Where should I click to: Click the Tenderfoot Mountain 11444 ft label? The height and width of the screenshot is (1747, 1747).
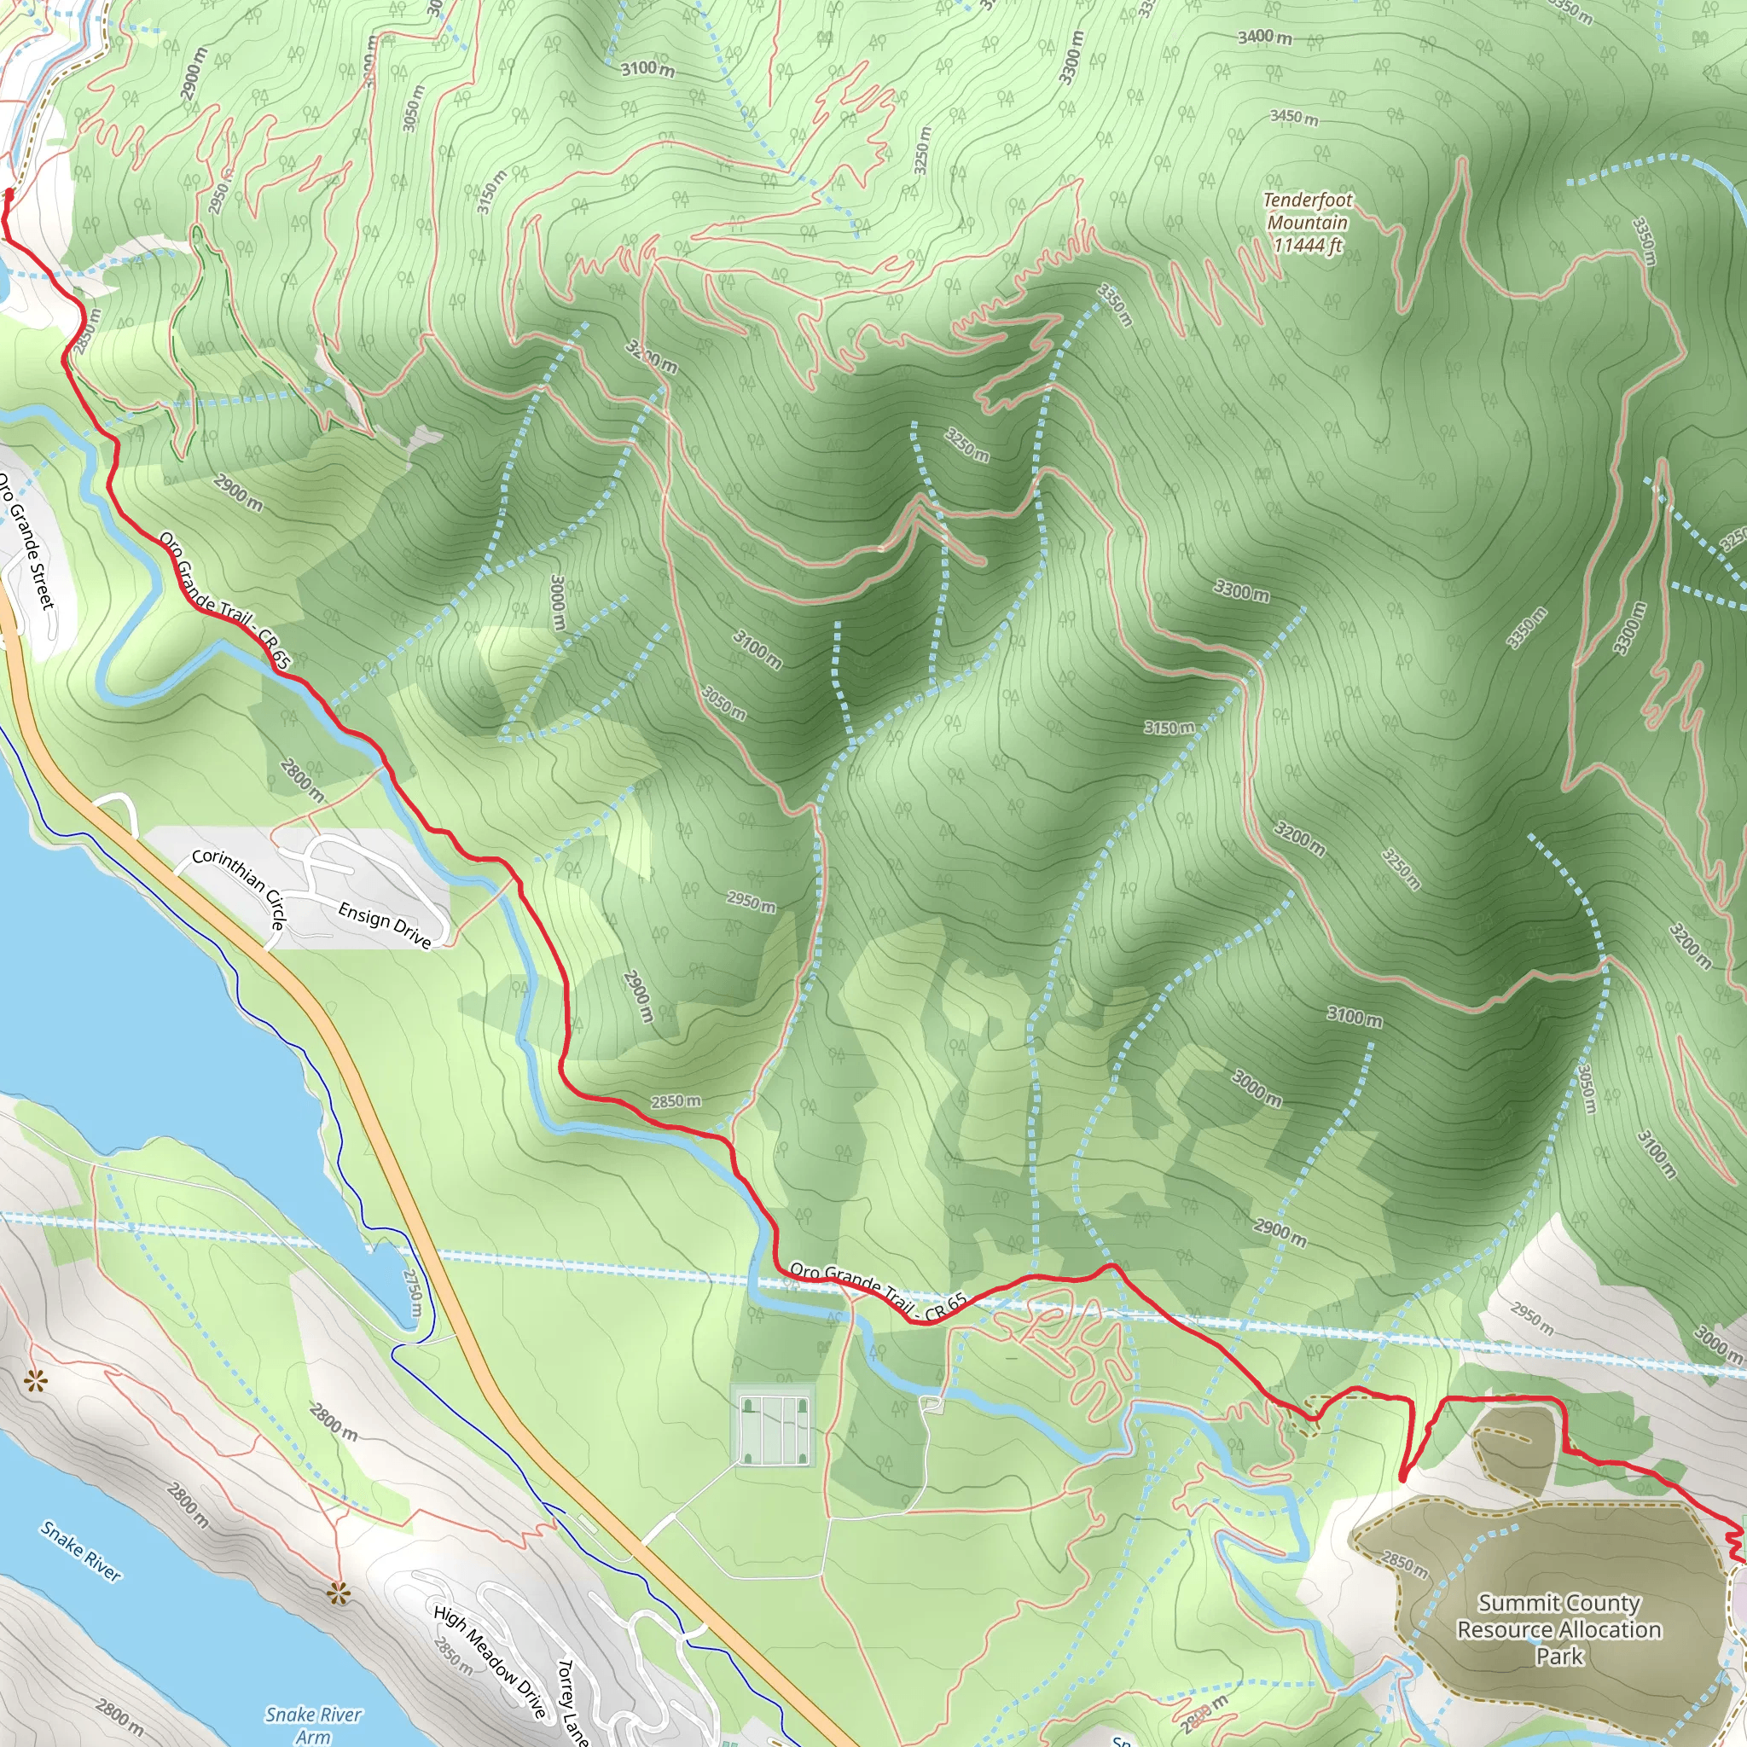click(1308, 223)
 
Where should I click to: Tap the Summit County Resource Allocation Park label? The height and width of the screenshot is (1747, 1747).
click(1559, 1629)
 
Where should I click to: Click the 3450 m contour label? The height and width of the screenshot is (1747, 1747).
click(1294, 117)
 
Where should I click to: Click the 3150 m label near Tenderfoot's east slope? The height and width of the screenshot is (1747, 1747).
click(1169, 728)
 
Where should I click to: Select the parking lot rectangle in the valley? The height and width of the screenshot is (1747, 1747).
click(773, 1430)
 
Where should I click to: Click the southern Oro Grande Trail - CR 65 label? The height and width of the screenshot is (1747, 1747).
click(878, 1292)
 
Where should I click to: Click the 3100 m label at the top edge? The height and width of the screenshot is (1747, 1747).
click(647, 69)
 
